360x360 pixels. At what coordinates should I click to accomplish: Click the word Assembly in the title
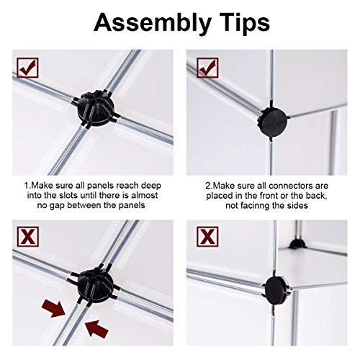(x=153, y=23)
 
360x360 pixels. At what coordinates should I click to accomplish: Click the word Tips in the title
(x=243, y=22)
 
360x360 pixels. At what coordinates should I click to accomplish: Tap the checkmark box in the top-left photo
(x=28, y=68)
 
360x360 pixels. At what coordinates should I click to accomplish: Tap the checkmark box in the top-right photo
(x=207, y=68)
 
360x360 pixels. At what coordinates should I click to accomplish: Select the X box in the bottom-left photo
(x=28, y=237)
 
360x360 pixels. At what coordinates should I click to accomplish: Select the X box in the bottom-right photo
(x=207, y=237)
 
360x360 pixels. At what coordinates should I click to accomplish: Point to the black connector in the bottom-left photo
(x=96, y=283)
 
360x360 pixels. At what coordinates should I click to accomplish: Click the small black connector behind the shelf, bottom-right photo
(x=297, y=243)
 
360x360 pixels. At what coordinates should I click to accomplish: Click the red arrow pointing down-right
(x=53, y=309)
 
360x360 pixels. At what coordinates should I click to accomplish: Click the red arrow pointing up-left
(x=96, y=329)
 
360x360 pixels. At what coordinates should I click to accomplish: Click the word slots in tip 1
(x=68, y=195)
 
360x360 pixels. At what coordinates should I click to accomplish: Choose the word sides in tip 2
(x=298, y=206)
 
